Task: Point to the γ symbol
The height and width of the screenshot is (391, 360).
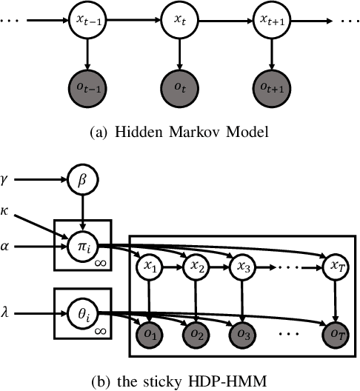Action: [x=11, y=178]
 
